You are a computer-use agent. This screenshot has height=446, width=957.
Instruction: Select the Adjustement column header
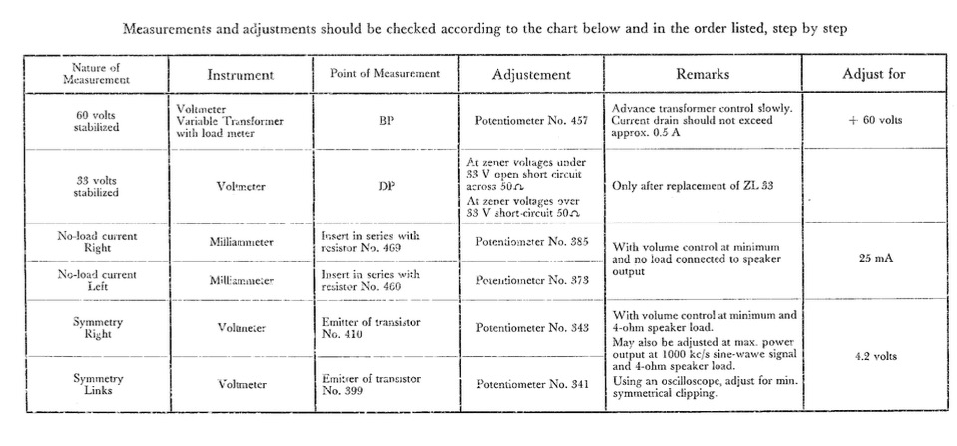click(531, 75)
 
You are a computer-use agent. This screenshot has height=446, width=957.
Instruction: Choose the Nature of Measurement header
click(97, 74)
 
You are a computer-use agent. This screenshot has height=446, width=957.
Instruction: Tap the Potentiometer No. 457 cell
click(533, 121)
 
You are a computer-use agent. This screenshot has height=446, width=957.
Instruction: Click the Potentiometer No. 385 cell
click(533, 243)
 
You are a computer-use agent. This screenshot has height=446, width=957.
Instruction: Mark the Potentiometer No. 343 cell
click(533, 327)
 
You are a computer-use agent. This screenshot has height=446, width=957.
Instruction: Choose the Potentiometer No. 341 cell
click(533, 384)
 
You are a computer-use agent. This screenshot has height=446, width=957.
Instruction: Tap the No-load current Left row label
click(97, 280)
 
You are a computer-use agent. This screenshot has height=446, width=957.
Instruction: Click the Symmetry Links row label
click(97, 384)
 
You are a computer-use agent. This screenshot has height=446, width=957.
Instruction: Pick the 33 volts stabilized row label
click(97, 186)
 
